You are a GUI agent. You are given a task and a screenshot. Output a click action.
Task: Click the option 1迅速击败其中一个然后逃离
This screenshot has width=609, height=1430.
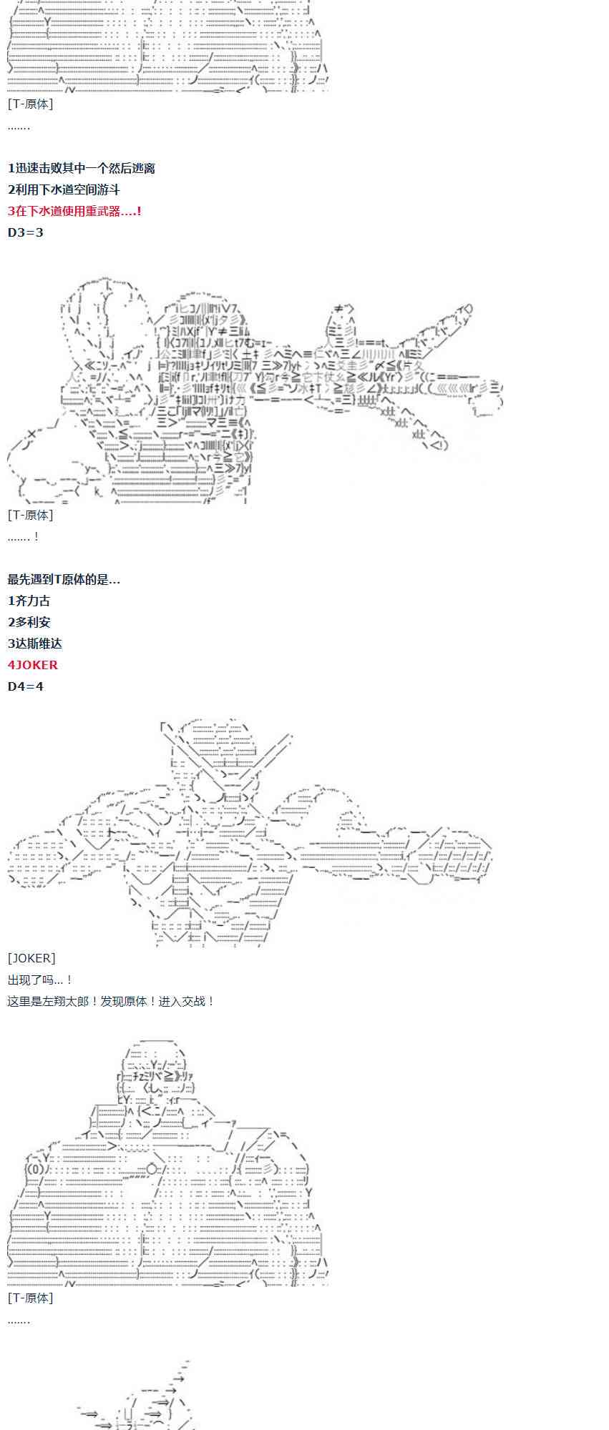click(81, 169)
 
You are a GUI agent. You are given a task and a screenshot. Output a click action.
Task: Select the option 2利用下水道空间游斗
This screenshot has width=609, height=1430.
click(64, 190)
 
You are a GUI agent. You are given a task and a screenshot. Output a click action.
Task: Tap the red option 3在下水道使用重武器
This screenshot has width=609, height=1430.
click(74, 212)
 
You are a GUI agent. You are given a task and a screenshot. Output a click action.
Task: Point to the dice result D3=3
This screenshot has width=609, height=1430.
click(26, 233)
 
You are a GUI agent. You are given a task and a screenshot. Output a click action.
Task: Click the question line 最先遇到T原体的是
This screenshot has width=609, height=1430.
click(64, 580)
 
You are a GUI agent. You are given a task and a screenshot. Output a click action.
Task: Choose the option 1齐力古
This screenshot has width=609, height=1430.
click(29, 601)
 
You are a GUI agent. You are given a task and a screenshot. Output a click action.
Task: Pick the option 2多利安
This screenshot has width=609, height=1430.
click(29, 623)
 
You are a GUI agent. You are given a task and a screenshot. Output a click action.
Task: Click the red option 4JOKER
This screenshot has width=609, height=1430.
click(33, 665)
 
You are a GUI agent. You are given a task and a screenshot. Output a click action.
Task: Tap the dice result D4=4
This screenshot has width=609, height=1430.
click(26, 686)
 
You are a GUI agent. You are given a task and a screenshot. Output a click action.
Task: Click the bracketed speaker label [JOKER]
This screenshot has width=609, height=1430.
click(31, 958)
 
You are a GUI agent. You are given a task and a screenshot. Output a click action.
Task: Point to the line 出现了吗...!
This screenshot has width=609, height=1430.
click(40, 980)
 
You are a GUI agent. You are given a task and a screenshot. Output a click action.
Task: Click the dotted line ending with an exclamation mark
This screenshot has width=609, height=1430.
click(24, 537)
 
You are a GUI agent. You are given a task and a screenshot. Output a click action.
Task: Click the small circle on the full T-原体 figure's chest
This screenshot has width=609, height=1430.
click(152, 1169)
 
